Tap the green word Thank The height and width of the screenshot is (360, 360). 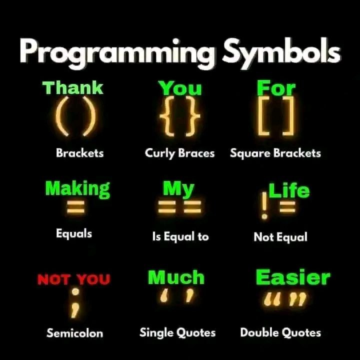point(73,87)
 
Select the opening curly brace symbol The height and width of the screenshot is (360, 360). point(167,116)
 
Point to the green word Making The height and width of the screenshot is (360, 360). point(77,189)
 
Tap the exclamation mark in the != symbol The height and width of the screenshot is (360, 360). point(264,205)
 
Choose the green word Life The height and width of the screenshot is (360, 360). point(289,190)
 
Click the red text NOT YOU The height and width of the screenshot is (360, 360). point(73,279)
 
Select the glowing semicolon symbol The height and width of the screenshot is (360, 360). point(75,303)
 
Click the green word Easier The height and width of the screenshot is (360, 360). point(293,277)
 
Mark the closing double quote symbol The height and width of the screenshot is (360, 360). point(298,299)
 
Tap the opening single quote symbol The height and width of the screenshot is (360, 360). point(164,295)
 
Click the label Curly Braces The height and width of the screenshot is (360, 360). point(179,153)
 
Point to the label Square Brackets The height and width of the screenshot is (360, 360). point(275,153)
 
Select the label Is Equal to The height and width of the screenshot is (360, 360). point(180,236)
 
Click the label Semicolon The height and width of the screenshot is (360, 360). point(74,333)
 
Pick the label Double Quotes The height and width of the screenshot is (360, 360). point(280,332)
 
